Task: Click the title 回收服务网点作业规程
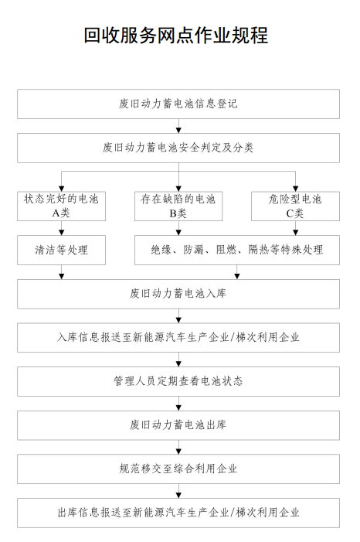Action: click(176, 36)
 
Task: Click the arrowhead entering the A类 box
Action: click(62, 189)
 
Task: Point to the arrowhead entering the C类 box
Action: click(295, 189)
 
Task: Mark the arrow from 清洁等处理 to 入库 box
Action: click(62, 272)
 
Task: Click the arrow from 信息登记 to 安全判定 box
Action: click(178, 126)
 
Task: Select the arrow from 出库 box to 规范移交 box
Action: click(178, 448)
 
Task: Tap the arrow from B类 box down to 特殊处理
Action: click(178, 228)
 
